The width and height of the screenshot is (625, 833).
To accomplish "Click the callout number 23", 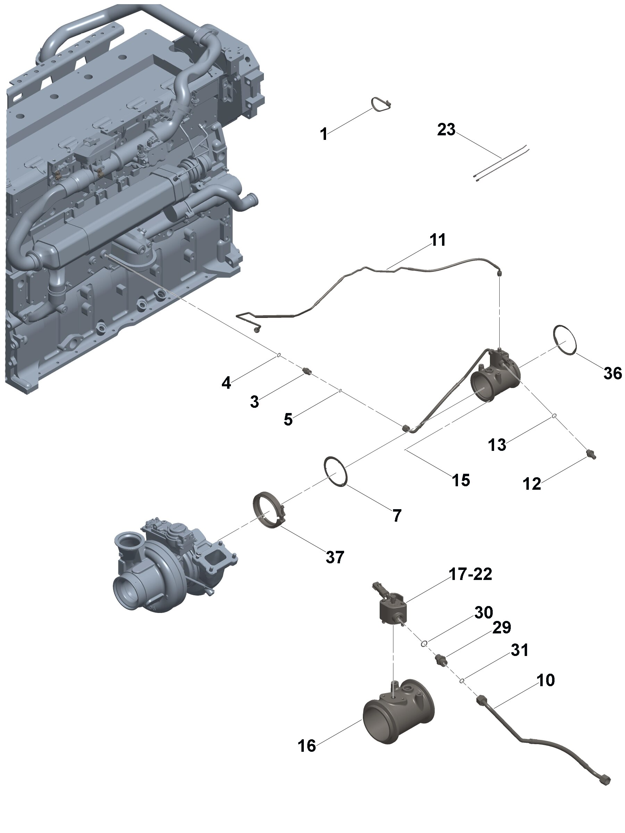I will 446,129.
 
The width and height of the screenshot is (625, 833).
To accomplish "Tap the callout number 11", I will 437,240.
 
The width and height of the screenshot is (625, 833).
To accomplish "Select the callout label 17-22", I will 470,574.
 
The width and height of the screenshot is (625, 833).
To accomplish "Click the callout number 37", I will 335,557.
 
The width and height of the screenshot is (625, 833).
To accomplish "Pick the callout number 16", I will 307,745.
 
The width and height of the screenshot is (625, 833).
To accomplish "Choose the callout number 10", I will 545,680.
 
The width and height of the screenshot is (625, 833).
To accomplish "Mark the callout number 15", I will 461,480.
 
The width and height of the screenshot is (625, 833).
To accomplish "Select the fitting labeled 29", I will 440,659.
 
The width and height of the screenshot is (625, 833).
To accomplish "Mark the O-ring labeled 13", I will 555,416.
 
